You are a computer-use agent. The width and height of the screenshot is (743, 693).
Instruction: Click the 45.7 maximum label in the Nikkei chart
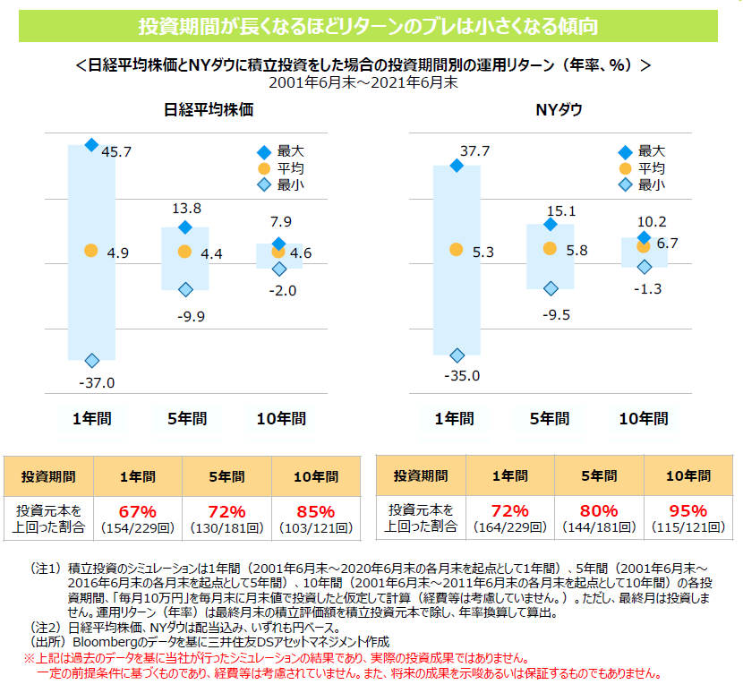pos(116,152)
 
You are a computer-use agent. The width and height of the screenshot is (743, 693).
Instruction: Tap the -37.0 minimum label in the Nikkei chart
pos(96,383)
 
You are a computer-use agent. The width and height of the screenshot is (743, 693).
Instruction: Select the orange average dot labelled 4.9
pos(90,252)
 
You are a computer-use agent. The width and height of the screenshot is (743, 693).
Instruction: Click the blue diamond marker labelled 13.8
pos(185,227)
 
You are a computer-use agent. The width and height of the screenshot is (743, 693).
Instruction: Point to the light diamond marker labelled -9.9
pos(185,289)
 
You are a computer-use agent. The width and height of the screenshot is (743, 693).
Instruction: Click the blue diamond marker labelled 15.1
pos(551,225)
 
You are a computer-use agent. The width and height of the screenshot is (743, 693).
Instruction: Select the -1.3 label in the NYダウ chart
pos(645,288)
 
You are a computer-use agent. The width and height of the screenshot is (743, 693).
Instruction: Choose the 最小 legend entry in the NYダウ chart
pos(652,185)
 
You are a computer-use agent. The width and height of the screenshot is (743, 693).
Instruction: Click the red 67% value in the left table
pos(138,511)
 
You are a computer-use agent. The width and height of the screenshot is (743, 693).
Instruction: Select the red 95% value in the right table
pos(687,511)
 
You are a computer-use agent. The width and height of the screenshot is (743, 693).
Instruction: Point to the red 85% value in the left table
pos(315,511)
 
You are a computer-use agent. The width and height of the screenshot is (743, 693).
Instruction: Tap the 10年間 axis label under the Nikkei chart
pos(281,418)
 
